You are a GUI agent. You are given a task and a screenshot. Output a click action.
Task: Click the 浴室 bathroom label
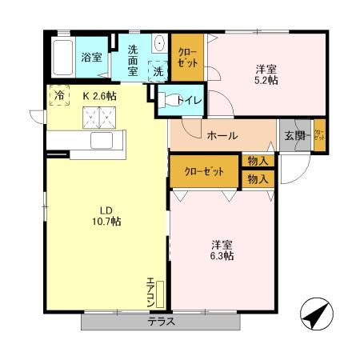91,57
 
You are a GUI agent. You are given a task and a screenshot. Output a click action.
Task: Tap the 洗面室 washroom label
134,59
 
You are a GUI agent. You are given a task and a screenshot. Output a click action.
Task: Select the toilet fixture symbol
171,100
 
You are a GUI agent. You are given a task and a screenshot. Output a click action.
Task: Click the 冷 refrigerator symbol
58,95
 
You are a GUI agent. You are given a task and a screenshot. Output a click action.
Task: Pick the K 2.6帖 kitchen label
100,95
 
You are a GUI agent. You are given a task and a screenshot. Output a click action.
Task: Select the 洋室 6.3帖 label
222,250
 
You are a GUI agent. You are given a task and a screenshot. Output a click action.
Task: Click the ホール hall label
222,135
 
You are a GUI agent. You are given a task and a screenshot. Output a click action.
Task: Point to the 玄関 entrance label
294,135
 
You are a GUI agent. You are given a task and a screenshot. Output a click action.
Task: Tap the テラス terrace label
161,322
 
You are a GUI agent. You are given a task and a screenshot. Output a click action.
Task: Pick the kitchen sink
102,142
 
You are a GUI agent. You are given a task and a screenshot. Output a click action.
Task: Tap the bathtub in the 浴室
62,58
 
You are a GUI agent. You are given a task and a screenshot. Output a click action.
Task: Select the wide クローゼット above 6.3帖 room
203,171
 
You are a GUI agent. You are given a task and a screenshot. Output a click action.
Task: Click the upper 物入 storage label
257,162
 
